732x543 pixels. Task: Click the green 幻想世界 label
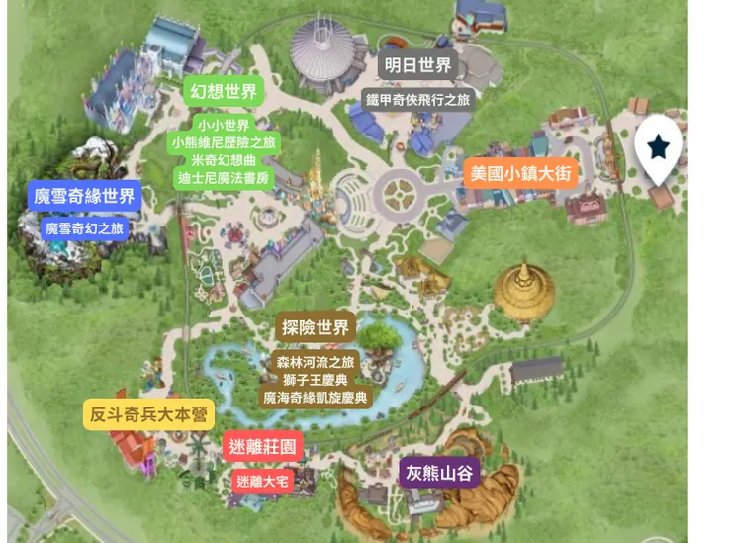(x=224, y=93)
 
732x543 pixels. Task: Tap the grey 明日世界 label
(x=416, y=67)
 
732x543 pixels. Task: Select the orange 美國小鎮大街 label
(x=520, y=174)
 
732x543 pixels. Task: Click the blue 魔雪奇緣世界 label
(x=84, y=196)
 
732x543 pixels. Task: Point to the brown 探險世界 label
(x=316, y=328)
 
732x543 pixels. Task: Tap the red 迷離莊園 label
(x=262, y=447)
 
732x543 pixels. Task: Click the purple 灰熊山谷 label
(x=440, y=473)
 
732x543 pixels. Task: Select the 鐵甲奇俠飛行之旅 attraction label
(x=418, y=99)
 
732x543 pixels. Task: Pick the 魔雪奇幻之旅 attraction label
(x=85, y=228)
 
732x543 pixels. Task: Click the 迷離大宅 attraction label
(x=262, y=482)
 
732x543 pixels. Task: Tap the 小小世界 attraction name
(x=225, y=125)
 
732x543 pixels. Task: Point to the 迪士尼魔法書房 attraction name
(x=225, y=179)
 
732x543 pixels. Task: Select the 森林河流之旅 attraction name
(x=316, y=361)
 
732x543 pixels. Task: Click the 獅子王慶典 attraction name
(x=316, y=379)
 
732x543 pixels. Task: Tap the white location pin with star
(x=659, y=148)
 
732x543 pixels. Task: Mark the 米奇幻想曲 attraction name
(x=225, y=161)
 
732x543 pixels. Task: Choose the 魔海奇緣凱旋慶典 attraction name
(x=316, y=397)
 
